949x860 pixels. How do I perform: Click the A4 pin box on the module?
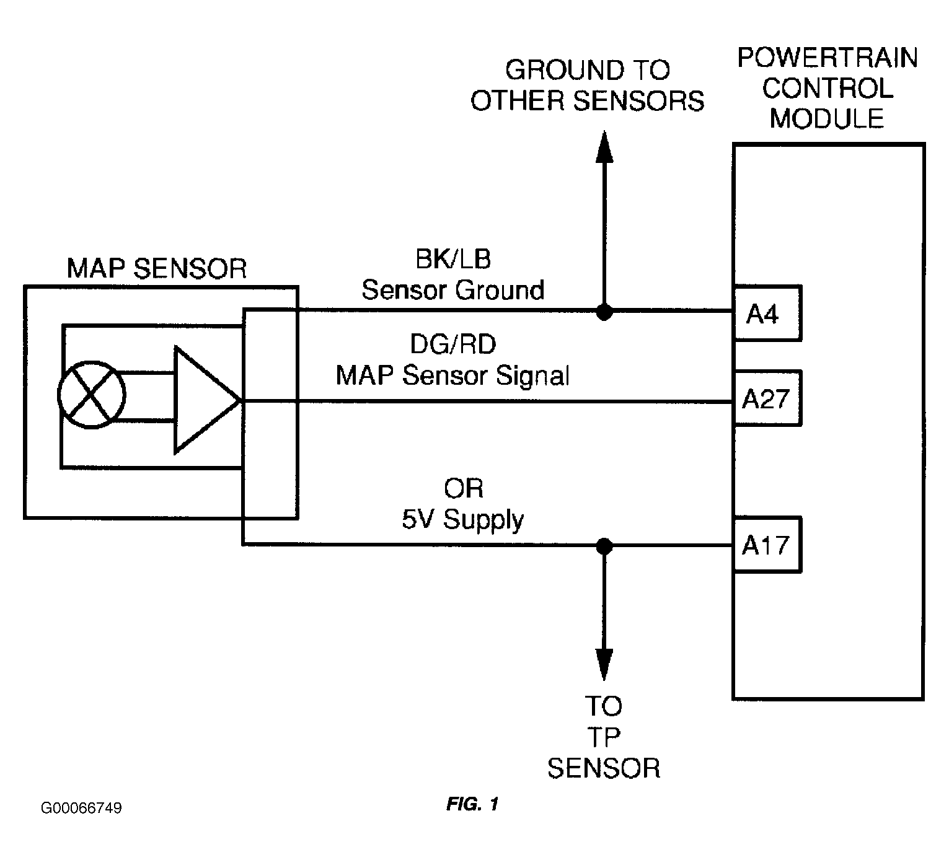tap(767, 314)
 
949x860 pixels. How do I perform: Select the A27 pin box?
tap(767, 398)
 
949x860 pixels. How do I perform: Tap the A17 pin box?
tap(767, 545)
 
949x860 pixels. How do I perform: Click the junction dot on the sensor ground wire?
tap(604, 312)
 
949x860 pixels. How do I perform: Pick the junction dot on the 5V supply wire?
tap(604, 546)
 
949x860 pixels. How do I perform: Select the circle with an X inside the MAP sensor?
tap(92, 395)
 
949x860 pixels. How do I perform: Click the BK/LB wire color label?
tap(453, 259)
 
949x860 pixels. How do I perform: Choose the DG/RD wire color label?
tap(453, 344)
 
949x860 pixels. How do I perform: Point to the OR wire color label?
tap(463, 489)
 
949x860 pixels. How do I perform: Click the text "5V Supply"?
tap(462, 519)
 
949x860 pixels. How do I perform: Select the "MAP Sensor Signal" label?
tap(452, 375)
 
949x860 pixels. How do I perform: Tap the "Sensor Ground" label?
tap(453, 290)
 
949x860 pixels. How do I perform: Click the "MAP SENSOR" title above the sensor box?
tap(157, 269)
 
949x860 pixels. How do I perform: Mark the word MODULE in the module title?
tap(827, 118)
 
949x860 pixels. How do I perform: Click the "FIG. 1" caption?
tap(472, 805)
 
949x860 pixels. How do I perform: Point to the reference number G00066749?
tap(81, 808)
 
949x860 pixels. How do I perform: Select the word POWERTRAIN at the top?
tap(827, 58)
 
